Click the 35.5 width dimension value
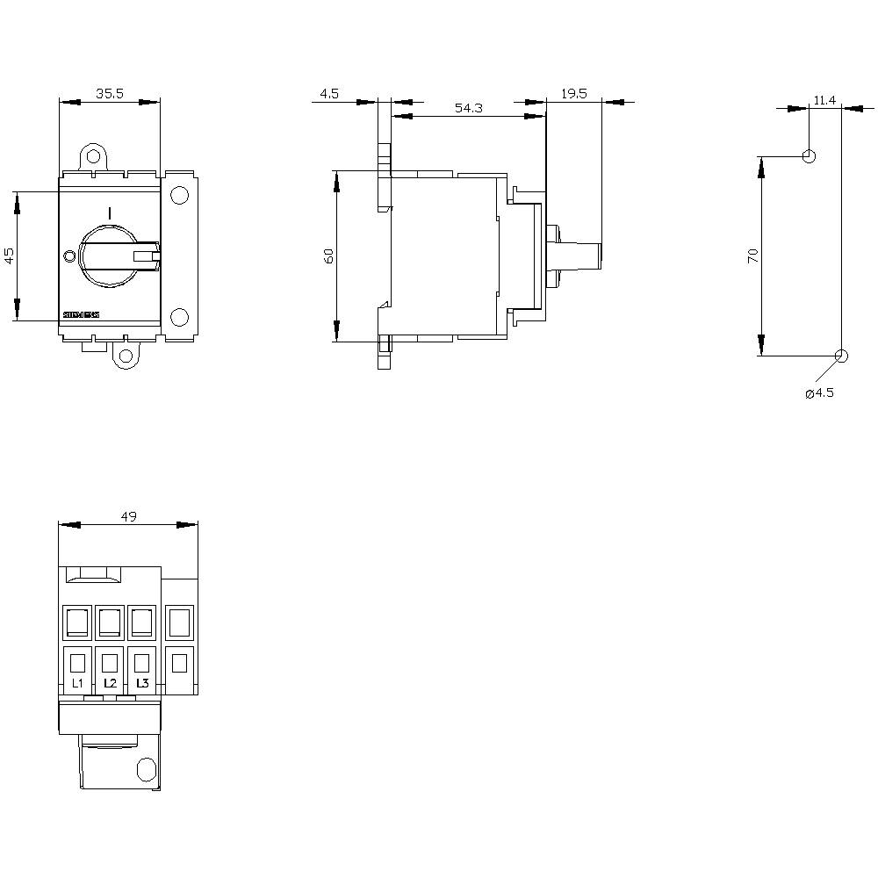(x=110, y=92)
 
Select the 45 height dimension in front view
(x=10, y=255)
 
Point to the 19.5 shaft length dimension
(x=574, y=92)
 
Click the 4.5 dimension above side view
(x=329, y=92)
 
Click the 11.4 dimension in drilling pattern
(x=824, y=100)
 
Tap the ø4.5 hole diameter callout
(x=819, y=392)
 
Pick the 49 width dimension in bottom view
(x=128, y=516)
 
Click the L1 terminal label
(x=77, y=682)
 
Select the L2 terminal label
(x=110, y=682)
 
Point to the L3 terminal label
(x=142, y=682)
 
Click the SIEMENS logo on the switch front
(x=82, y=314)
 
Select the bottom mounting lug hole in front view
(x=126, y=356)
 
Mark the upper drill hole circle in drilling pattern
(x=810, y=157)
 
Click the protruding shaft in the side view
(x=579, y=255)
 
